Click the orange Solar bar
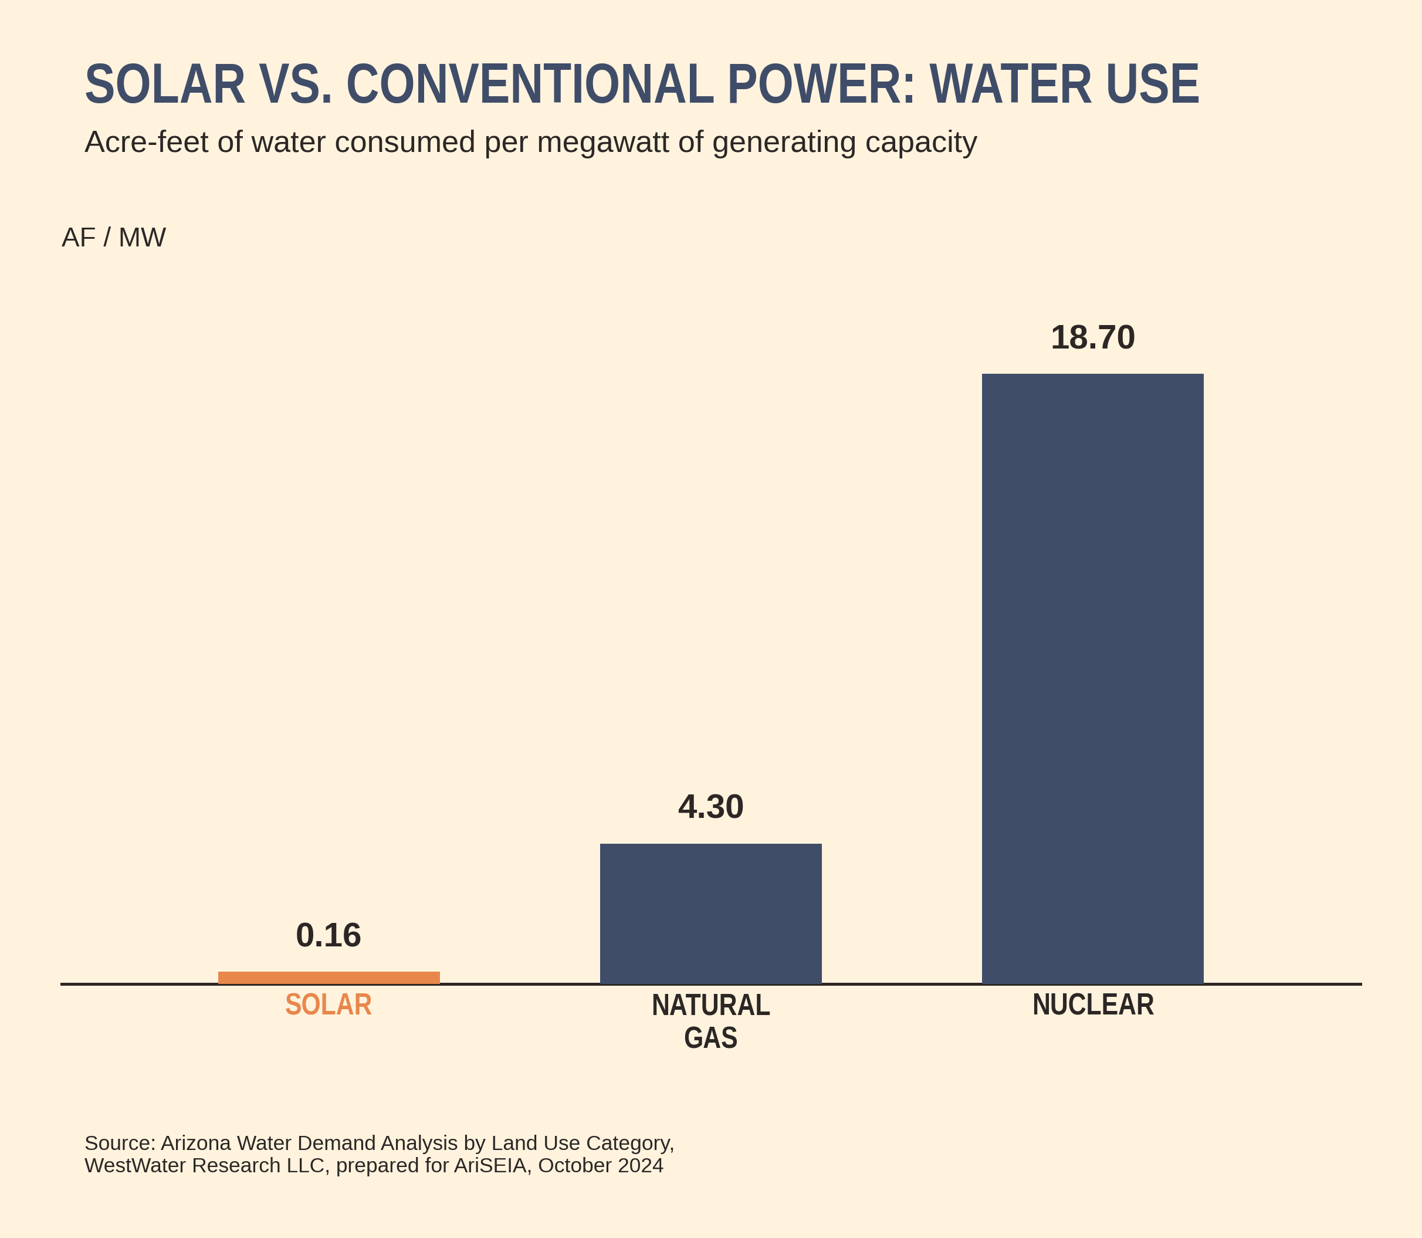pos(329,977)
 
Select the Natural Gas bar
pos(710,914)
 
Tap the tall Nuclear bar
pos(1092,678)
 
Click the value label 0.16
pos(329,935)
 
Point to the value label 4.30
pos(710,806)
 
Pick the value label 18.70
pos(1092,338)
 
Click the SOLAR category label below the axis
pos(329,1005)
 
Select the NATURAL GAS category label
pos(710,1021)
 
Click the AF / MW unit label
pos(114,238)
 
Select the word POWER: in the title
pos(822,84)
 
